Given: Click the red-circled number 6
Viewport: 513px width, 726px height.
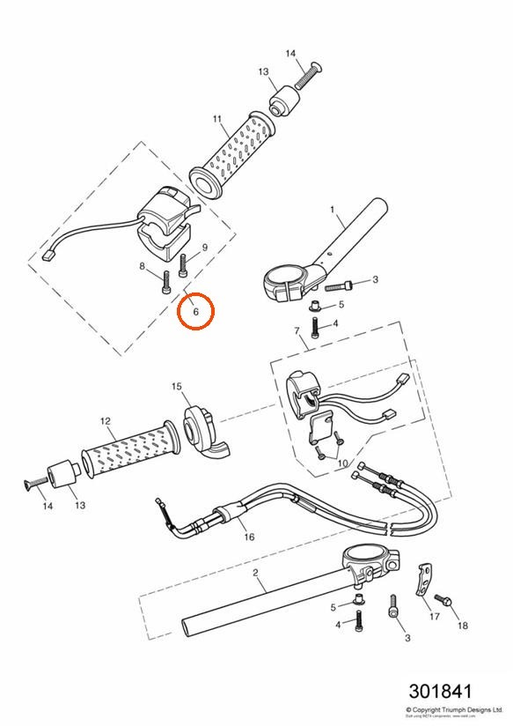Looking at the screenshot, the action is (x=195, y=311).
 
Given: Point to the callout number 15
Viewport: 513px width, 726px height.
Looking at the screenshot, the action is (x=176, y=386).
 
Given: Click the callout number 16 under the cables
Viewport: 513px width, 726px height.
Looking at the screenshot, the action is (x=248, y=537).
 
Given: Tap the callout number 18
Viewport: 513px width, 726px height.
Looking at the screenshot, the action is (x=462, y=626).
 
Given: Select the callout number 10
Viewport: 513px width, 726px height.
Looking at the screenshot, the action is (x=342, y=463).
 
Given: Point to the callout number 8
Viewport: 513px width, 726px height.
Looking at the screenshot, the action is (x=142, y=266).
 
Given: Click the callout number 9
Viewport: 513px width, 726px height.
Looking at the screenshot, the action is (x=204, y=248).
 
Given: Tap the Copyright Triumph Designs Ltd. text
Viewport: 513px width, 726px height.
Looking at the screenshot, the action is (x=454, y=708).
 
